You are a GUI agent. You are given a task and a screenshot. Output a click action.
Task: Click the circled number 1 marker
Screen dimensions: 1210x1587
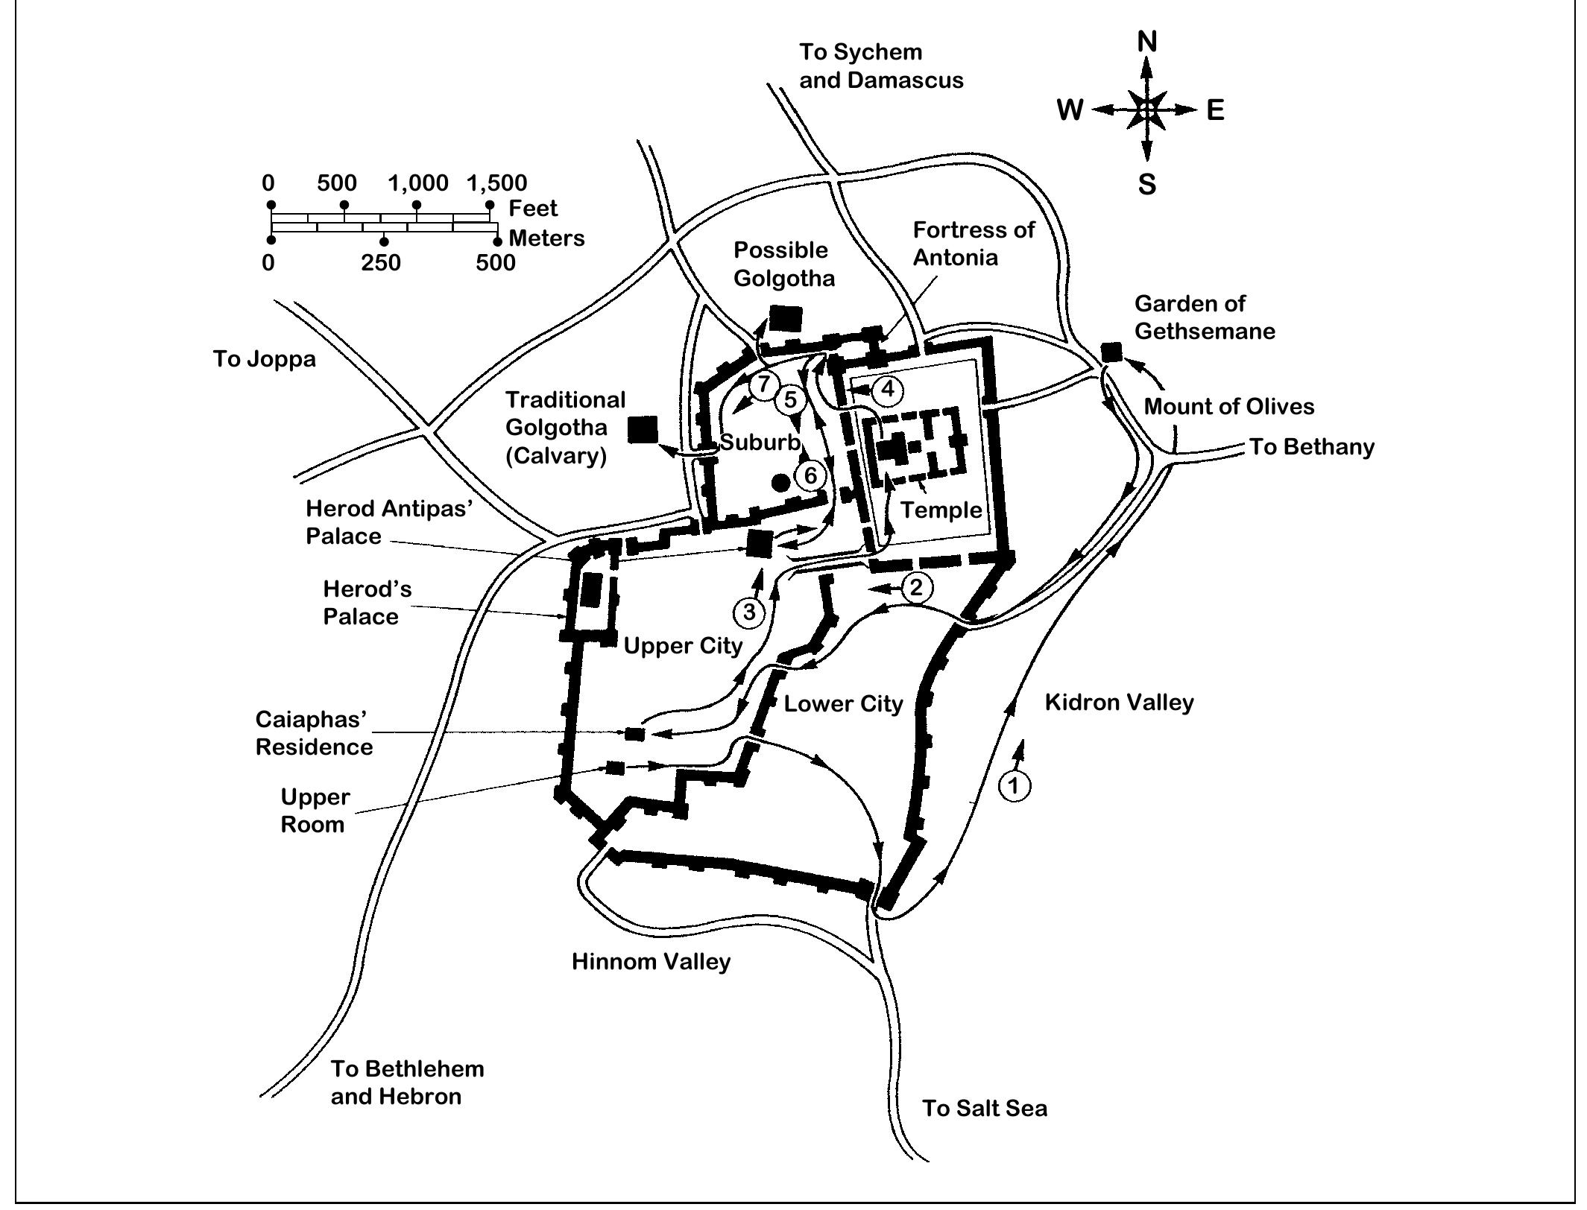coord(1014,785)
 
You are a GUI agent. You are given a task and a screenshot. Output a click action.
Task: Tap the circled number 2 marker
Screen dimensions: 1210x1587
coord(916,587)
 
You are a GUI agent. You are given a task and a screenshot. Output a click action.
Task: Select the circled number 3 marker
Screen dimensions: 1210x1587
coord(749,612)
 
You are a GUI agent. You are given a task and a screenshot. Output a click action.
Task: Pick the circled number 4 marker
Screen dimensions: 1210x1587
coord(887,389)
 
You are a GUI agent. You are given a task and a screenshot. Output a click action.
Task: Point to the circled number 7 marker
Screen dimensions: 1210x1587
coord(763,385)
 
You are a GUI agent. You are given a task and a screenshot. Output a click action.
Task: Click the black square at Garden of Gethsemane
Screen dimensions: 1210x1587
coord(1111,352)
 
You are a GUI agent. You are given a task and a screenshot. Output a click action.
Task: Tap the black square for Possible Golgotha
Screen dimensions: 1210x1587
coord(785,318)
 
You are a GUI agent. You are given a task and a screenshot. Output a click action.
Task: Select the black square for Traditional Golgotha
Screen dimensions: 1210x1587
coord(643,430)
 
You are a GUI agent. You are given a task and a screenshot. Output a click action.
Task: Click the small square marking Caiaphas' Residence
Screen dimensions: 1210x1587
coord(634,734)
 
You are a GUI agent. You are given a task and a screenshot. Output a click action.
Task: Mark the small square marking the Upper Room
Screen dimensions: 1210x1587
coord(615,767)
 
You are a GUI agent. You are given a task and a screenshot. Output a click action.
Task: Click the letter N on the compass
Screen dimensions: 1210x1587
coord(1146,42)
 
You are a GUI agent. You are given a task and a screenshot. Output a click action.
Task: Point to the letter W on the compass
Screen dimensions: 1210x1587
coord(1070,110)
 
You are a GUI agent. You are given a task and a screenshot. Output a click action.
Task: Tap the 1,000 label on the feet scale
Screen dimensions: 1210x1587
coord(418,183)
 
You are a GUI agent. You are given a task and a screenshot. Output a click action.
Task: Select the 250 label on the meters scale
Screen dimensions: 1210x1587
coord(381,262)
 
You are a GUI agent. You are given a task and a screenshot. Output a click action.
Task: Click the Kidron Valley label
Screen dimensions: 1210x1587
coord(1119,702)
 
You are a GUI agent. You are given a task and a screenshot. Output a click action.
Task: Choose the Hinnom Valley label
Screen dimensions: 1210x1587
coord(651,961)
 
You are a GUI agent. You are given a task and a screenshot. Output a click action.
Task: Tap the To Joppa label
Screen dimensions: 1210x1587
coord(265,358)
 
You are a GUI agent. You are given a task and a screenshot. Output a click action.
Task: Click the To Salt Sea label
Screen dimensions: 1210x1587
coord(984,1108)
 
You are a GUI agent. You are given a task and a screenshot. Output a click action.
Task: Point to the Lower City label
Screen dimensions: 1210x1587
coord(843,703)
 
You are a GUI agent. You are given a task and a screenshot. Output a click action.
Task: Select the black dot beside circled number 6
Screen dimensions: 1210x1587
coord(780,482)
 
